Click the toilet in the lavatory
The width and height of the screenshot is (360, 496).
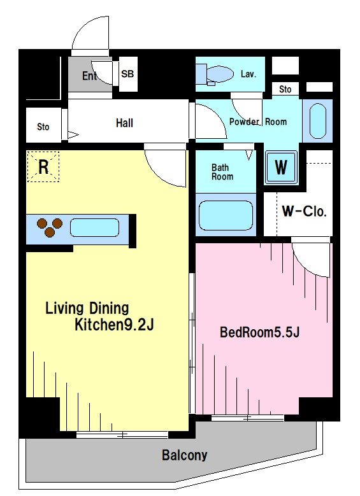tap(215, 74)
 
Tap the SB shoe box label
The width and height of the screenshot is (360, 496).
tap(127, 74)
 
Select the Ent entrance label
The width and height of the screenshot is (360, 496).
tap(90, 76)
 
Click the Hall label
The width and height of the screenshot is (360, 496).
tap(124, 123)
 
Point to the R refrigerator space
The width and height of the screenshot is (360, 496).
tap(43, 167)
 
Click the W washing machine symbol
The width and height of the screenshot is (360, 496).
tap(281, 167)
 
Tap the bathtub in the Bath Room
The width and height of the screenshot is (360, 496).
tap(226, 215)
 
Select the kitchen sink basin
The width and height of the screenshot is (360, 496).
tap(94, 227)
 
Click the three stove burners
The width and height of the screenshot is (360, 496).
tap(50, 227)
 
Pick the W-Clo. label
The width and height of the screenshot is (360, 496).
tap(304, 211)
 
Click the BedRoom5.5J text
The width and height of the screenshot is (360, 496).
tap(259, 332)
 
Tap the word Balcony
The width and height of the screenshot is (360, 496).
tap(185, 455)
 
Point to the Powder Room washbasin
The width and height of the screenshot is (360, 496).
tap(317, 122)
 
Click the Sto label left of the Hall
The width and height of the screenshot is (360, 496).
tap(43, 127)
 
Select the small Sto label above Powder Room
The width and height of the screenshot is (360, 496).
tap(285, 90)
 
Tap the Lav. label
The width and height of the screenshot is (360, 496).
tap(248, 74)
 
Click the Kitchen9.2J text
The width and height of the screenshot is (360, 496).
tap(114, 325)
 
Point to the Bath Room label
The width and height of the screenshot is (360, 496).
tap(222, 172)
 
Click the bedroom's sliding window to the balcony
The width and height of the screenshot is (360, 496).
tap(248, 418)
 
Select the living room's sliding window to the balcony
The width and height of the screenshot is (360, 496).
tap(122, 435)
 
